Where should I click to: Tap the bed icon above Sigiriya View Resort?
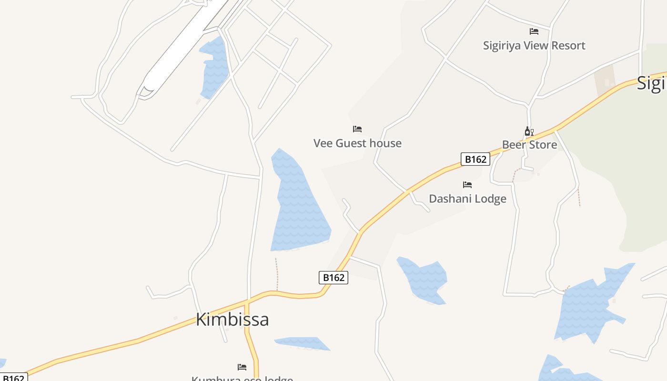[534, 31]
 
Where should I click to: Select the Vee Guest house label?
[357, 143]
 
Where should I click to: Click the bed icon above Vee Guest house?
[357, 129]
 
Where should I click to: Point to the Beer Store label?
[529, 145]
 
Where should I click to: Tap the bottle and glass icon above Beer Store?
[529, 131]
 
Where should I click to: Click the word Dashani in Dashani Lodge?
[450, 199]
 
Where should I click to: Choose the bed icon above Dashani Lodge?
[467, 185]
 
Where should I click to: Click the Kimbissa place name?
[232, 319]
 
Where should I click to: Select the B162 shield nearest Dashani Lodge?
[475, 159]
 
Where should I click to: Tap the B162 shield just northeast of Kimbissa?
[333, 277]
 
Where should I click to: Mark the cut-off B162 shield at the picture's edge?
[13, 378]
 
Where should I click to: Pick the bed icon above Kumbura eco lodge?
[242, 367]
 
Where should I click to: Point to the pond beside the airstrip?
[215, 67]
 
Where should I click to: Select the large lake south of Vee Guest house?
[298, 205]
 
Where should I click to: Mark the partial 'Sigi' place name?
[652, 83]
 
